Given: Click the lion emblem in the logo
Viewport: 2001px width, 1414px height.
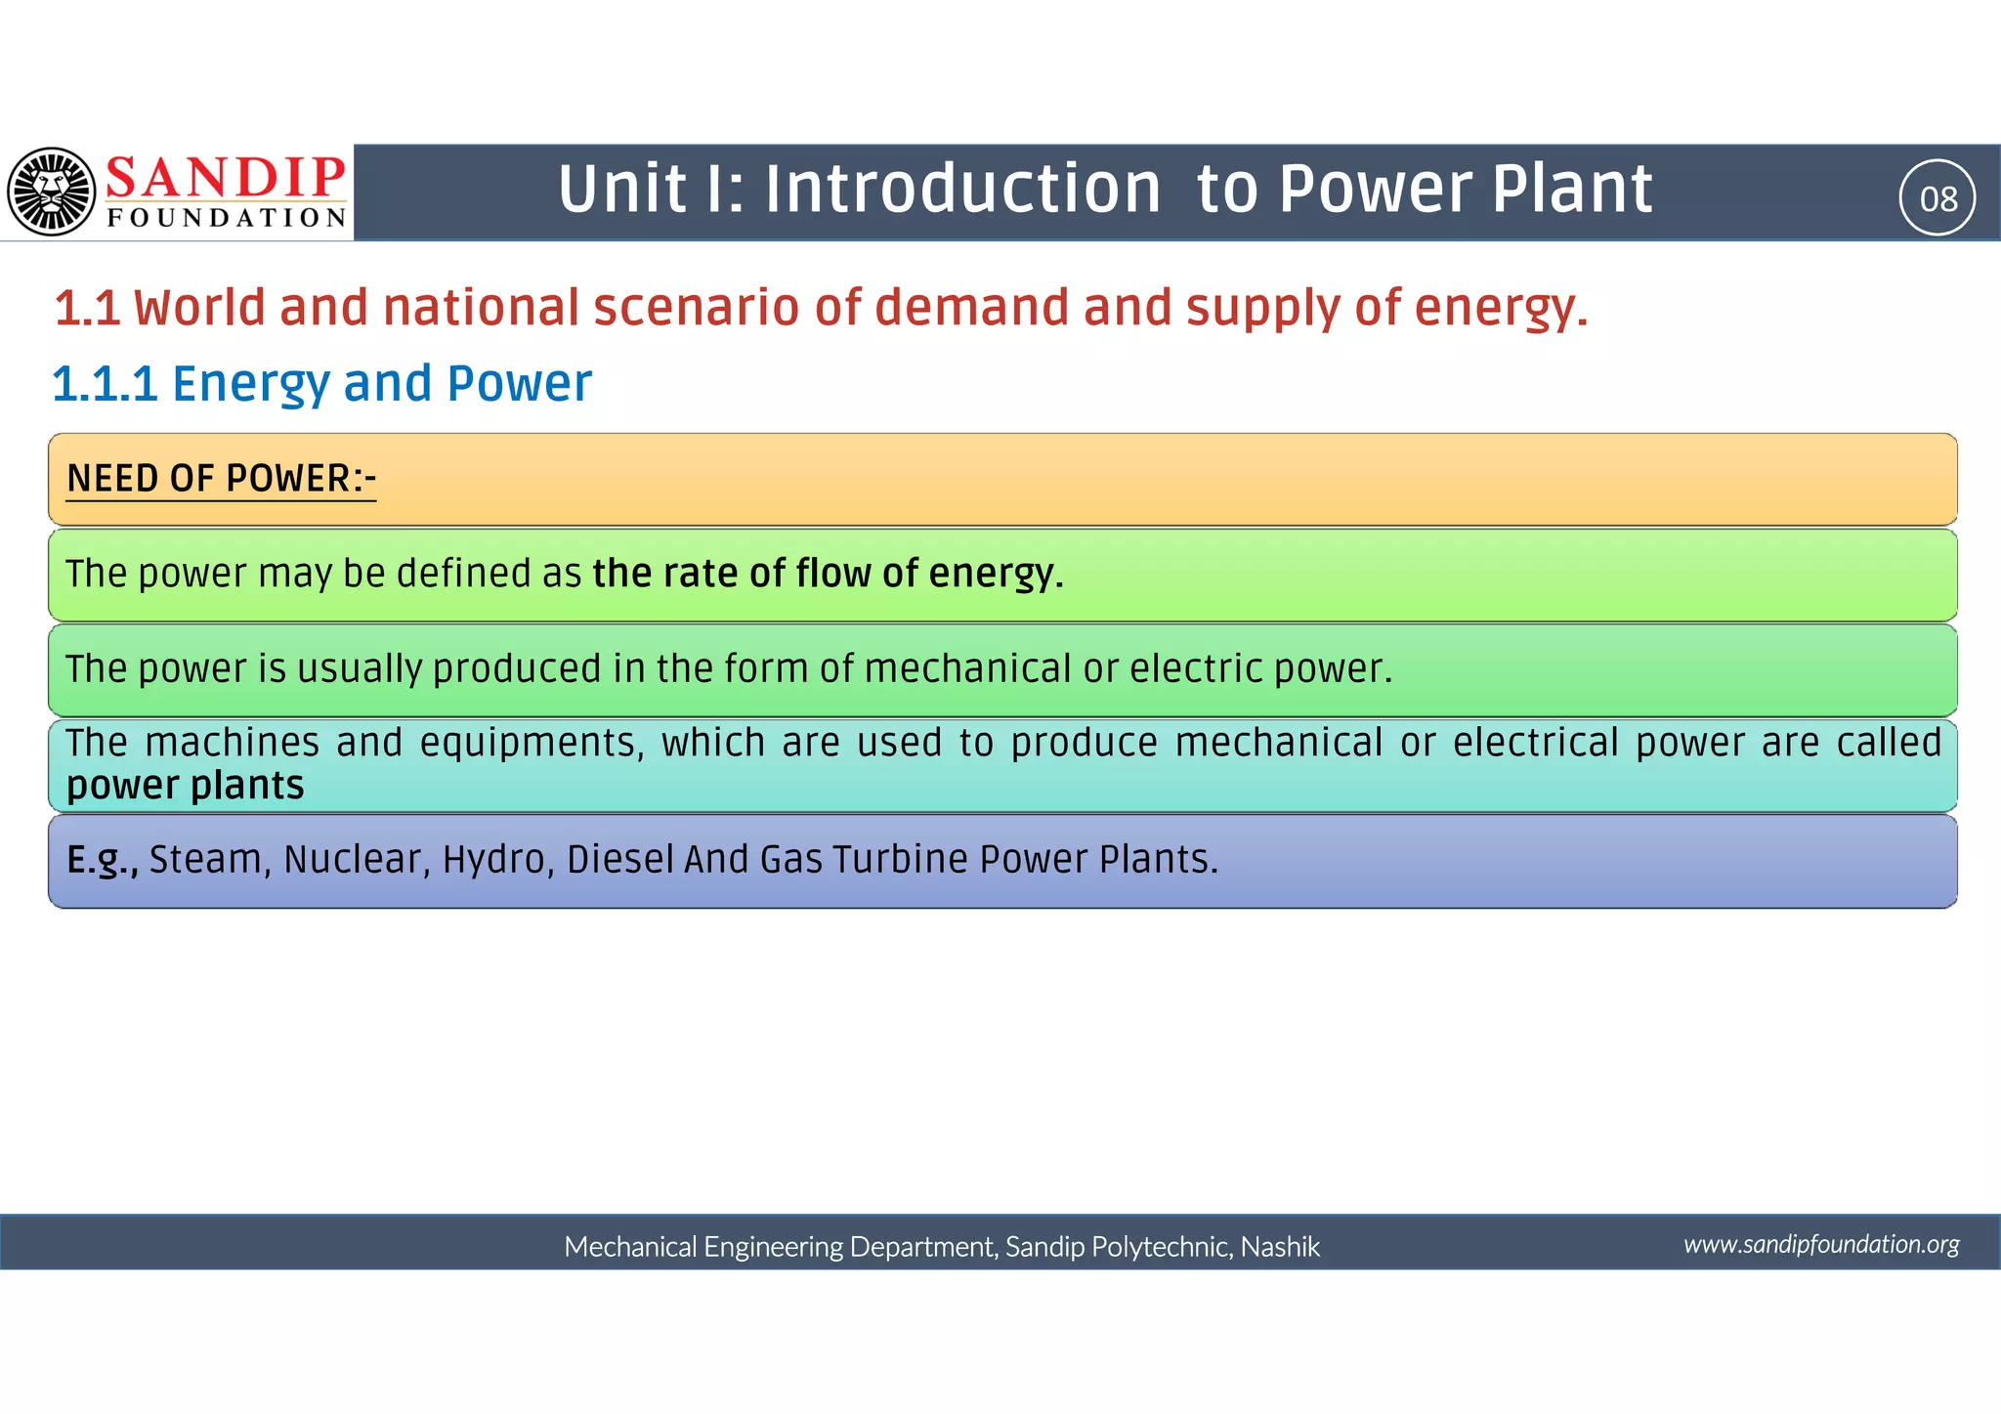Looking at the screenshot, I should (x=51, y=192).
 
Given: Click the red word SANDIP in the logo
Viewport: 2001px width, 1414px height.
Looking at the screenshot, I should (x=225, y=177).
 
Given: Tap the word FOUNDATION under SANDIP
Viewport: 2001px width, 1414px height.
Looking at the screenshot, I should (x=227, y=217).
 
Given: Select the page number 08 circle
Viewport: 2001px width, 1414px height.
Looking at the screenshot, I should (x=1937, y=198).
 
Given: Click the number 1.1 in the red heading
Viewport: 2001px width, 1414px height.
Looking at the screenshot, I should (x=87, y=309).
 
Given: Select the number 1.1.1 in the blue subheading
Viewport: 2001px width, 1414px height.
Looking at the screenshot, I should (x=105, y=383).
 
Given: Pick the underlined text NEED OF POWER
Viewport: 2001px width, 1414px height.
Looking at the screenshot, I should (x=221, y=479).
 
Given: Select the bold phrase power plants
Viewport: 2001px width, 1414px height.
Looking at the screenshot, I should (x=186, y=786).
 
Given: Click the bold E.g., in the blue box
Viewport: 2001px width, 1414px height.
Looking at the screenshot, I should (x=102, y=860).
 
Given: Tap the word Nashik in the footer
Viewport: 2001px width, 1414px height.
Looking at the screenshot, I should (x=1280, y=1247).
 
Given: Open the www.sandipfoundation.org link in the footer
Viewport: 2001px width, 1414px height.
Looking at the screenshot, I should (x=1821, y=1244).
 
